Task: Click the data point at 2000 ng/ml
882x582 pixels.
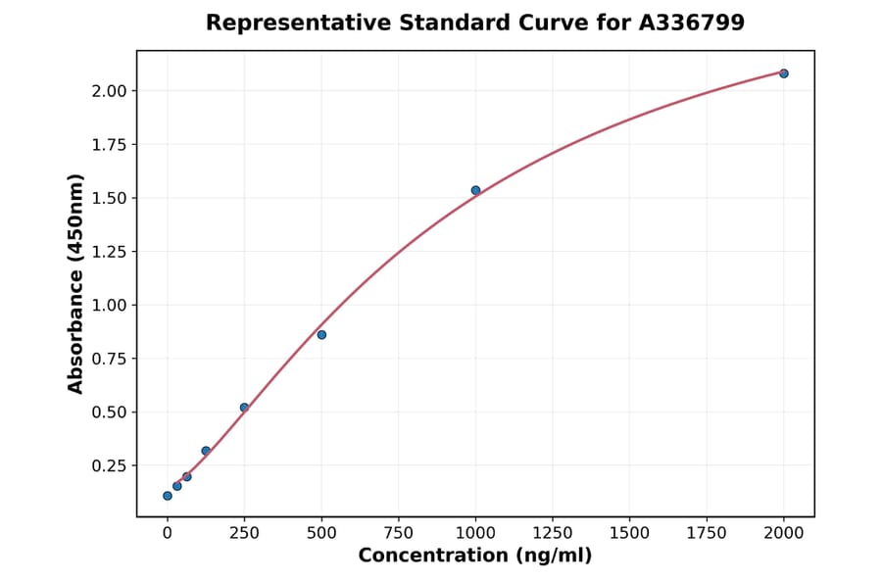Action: [x=783, y=73]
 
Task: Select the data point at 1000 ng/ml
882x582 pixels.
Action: [x=475, y=190]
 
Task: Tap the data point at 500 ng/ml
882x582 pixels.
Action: [x=321, y=335]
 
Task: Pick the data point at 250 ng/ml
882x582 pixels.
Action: [x=244, y=408]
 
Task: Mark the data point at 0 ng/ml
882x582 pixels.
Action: [x=168, y=496]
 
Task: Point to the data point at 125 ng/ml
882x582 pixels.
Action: [x=206, y=451]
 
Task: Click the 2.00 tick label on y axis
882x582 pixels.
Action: [x=109, y=91]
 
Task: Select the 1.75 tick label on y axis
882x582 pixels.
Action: [x=109, y=145]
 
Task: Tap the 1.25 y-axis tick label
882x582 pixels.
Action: [x=109, y=252]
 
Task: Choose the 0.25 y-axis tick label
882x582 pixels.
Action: [x=109, y=465]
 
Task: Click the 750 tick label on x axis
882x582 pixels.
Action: [x=398, y=533]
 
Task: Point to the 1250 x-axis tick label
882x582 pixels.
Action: [x=552, y=533]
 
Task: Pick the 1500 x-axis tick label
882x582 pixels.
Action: [x=629, y=533]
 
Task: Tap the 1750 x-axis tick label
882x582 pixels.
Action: [x=706, y=533]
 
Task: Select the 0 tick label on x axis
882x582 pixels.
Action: [x=168, y=533]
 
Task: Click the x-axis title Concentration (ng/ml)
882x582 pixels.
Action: [x=474, y=557]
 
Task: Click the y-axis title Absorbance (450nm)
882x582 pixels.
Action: [x=76, y=283]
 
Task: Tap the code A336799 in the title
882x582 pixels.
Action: [x=691, y=23]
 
